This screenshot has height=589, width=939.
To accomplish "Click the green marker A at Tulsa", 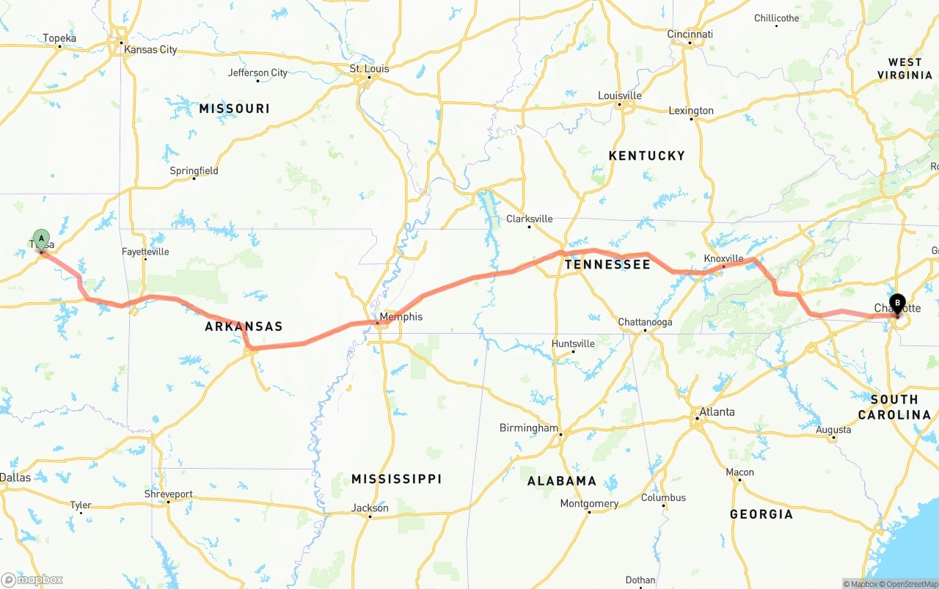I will (x=42, y=238).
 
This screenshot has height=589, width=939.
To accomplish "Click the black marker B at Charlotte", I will (x=897, y=302).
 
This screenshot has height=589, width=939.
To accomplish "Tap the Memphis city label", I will (x=401, y=317).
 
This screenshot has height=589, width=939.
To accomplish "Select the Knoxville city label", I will (x=723, y=258).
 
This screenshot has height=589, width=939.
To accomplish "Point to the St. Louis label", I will (x=369, y=69).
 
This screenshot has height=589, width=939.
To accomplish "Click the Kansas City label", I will (x=150, y=50).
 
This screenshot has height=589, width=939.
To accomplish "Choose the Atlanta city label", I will (x=717, y=411).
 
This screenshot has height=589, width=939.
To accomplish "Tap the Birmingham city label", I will (x=528, y=428).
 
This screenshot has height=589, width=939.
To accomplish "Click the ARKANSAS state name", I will (x=244, y=326).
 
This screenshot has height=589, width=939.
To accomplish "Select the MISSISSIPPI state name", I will (x=396, y=479).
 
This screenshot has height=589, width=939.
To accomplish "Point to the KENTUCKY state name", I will (x=646, y=156).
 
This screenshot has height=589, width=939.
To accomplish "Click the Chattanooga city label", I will (x=645, y=322).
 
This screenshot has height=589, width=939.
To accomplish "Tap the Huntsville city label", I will (x=573, y=343).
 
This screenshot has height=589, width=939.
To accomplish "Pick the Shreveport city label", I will (x=168, y=494).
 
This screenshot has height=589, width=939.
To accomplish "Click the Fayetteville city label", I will (x=145, y=252).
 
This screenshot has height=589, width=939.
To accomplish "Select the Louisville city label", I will (x=619, y=95).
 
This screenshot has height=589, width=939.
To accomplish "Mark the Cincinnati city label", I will (x=690, y=34).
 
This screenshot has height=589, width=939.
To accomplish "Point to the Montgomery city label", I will (x=589, y=503).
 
